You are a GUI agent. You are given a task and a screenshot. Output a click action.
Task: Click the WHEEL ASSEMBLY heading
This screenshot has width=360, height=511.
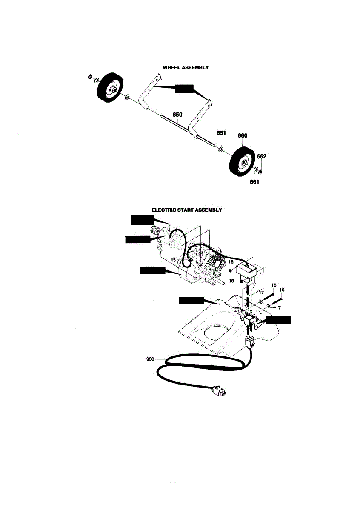pyautogui.click(x=186, y=67)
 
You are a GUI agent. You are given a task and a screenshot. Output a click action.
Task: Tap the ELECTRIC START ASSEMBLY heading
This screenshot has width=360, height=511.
pyautogui.click(x=187, y=210)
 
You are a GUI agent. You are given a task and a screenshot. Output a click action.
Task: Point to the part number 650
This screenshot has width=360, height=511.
pyautogui.click(x=177, y=115)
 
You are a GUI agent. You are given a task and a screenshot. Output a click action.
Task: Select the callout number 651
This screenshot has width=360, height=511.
pyautogui.click(x=221, y=133)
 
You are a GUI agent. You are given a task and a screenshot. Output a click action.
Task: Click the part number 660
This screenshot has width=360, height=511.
pyautogui.click(x=242, y=136)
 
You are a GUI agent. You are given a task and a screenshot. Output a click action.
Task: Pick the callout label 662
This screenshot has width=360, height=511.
pyautogui.click(x=262, y=156)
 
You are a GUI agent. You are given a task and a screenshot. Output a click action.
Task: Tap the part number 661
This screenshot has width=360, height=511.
pyautogui.click(x=254, y=182)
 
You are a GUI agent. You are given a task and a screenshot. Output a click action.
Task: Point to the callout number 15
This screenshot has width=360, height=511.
pyautogui.click(x=174, y=260)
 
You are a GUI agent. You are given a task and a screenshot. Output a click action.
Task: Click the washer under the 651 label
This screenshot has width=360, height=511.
pyautogui.click(x=221, y=149)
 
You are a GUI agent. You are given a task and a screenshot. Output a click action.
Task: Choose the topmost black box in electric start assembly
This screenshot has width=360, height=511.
pyautogui.click(x=142, y=219)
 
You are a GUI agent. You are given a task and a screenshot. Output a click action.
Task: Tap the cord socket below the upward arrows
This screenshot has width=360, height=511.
pyautogui.click(x=249, y=342)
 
